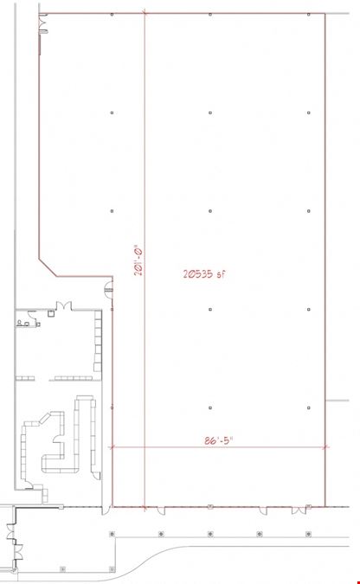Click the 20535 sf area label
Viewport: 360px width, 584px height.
point(204,274)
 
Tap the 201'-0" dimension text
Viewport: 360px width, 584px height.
point(139,262)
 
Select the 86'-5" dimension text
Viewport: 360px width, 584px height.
point(218,440)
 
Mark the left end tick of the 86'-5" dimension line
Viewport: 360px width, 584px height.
point(111,447)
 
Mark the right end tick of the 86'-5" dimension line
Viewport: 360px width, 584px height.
point(326,447)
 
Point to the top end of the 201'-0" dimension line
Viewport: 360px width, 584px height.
point(145,14)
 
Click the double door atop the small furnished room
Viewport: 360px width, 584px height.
point(64,306)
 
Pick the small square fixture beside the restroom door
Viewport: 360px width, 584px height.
point(51,313)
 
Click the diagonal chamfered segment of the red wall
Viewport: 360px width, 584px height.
point(48,267)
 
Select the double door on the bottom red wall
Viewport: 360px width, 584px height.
point(299,510)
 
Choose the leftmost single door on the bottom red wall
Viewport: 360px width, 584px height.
point(161,510)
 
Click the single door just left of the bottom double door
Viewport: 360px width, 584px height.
point(263,510)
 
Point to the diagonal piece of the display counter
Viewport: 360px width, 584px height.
point(45,418)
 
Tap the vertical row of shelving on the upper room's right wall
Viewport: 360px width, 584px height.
point(98,341)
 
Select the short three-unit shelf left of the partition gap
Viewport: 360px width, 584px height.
point(25,378)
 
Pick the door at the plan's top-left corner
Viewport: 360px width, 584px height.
point(43,24)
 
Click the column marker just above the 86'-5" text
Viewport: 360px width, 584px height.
point(210,408)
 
